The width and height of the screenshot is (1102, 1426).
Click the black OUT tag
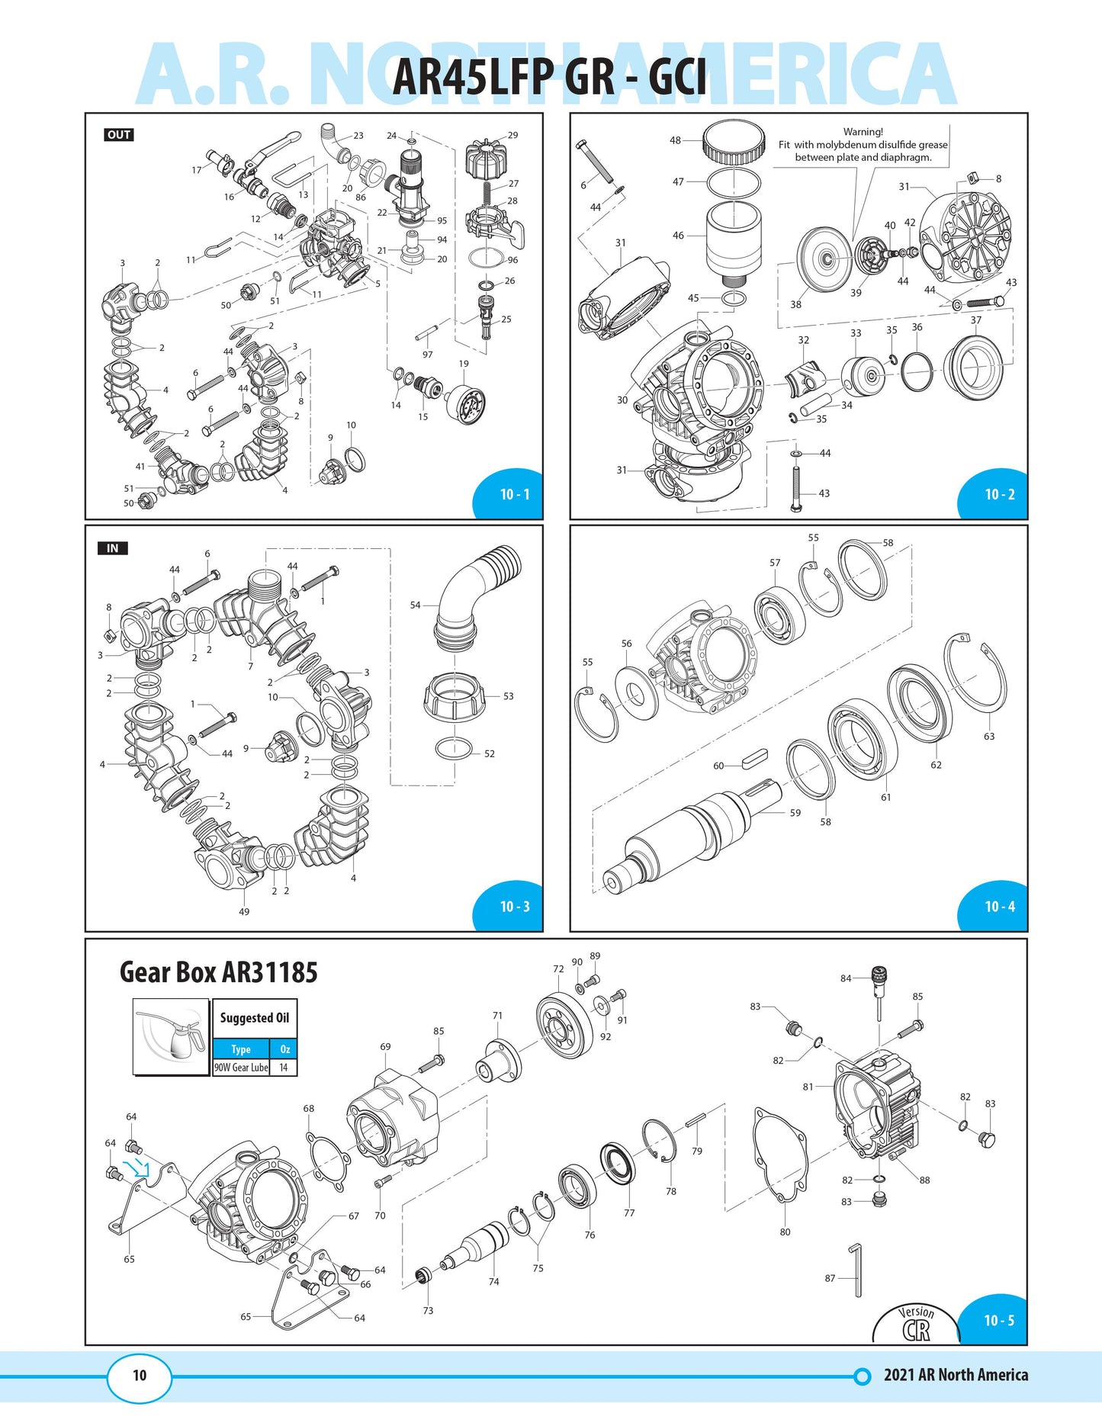coord(119,135)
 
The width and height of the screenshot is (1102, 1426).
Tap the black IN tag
coord(112,548)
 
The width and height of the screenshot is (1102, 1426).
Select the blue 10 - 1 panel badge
coord(514,494)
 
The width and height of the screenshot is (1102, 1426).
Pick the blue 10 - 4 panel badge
coord(999,907)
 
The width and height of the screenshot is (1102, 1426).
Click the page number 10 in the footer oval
coord(140,1375)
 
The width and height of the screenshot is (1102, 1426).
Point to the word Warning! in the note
coord(863,132)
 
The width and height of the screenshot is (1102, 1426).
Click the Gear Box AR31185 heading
coord(218,972)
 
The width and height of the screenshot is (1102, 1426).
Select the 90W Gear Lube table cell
coord(241,1068)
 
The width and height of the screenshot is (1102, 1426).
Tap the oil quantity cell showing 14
coord(284,1068)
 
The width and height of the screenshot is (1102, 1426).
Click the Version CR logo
coord(916,1325)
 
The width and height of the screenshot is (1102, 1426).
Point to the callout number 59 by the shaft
coord(795,813)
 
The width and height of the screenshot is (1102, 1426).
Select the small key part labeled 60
coord(753,760)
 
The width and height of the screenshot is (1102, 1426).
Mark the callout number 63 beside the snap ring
coord(989,737)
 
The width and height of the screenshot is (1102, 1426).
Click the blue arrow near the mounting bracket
coord(138,1167)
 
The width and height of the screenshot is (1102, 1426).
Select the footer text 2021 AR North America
coord(956,1375)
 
